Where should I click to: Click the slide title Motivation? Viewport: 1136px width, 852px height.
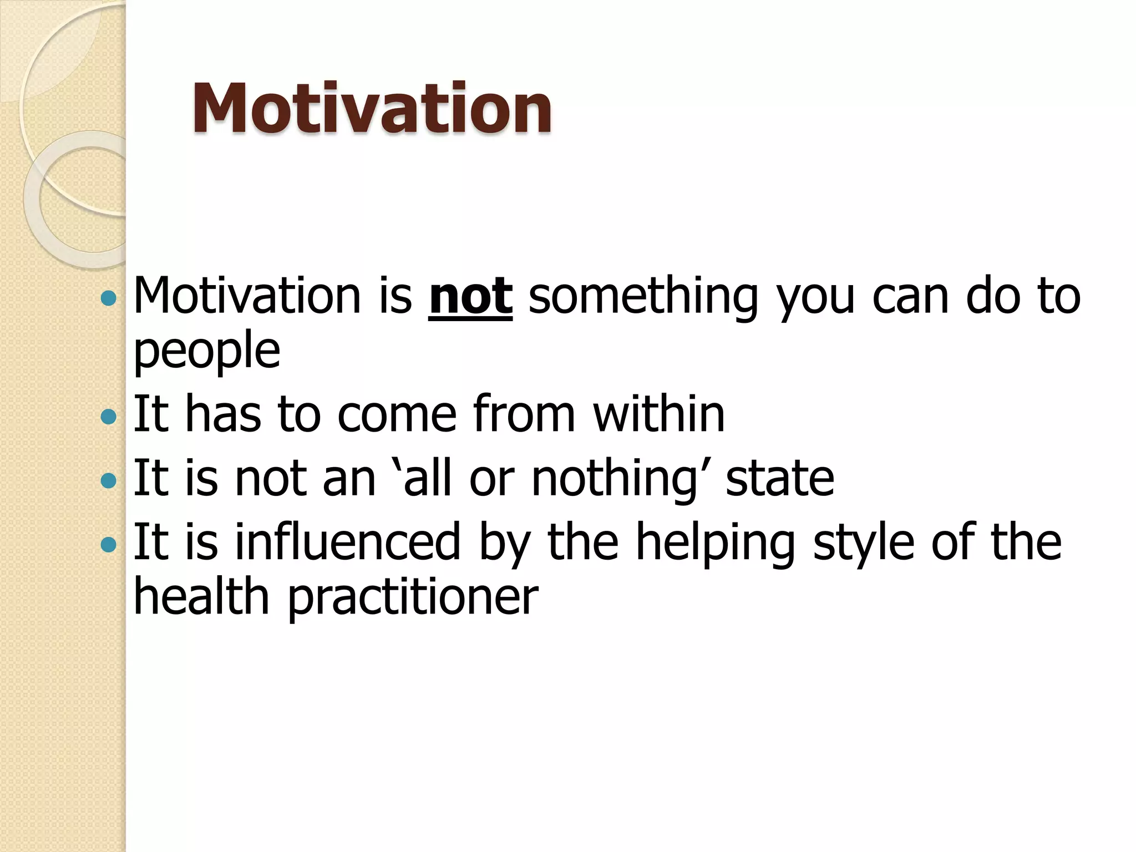pyautogui.click(x=372, y=108)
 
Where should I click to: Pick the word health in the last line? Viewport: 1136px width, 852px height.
pyautogui.click(x=201, y=596)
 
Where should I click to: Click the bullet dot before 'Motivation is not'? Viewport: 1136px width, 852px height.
pyautogui.click(x=109, y=300)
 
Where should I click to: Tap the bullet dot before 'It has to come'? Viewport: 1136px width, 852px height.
pyautogui.click(x=109, y=417)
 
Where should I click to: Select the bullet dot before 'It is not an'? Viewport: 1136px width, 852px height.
pyautogui.click(x=109, y=480)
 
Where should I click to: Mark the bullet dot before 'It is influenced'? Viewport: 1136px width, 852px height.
pyautogui.click(x=109, y=544)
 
